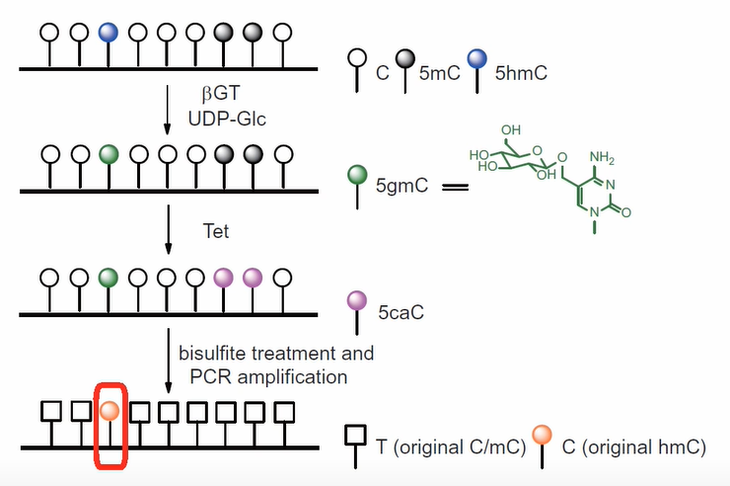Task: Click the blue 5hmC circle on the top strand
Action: (109, 32)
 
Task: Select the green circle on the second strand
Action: (109, 154)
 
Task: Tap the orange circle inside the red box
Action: (109, 410)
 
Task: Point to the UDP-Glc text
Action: (226, 118)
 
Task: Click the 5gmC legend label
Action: (404, 185)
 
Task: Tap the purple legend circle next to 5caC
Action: (358, 299)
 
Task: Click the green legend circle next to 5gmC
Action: (358, 175)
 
